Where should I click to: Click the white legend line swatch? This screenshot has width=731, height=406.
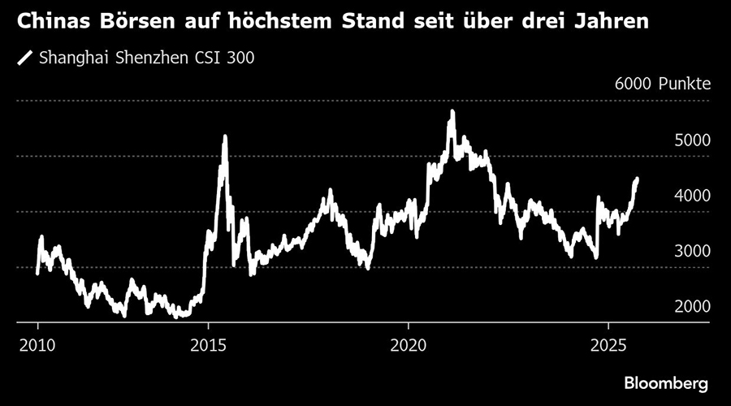(25, 58)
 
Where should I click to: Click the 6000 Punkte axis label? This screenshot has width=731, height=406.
(663, 84)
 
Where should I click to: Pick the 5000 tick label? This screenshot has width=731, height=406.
(692, 140)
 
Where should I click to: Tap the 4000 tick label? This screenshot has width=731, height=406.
(692, 196)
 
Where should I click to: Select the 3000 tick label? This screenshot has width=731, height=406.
(692, 252)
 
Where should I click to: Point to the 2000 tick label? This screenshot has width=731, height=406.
(692, 307)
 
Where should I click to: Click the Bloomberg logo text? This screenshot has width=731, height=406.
(666, 382)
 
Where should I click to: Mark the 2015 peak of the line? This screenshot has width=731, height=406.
(225, 136)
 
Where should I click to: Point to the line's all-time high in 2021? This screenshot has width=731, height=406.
(452, 111)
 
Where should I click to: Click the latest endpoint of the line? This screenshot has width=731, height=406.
(637, 179)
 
